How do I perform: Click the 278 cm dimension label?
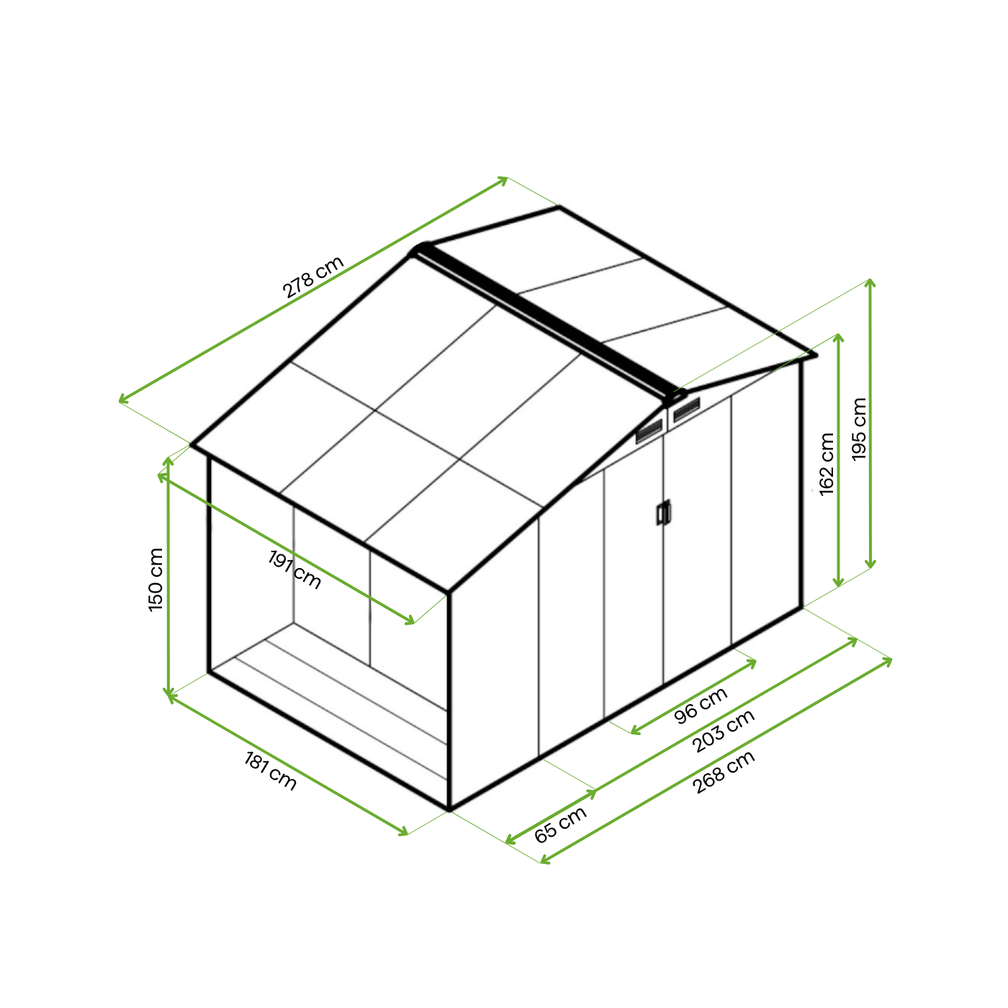coord(312,276)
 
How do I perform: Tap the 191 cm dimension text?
coord(294,570)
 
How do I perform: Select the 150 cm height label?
coord(156,579)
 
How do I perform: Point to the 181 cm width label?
coord(270,770)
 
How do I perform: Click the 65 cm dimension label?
coord(560,825)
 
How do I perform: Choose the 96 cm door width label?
coord(701,705)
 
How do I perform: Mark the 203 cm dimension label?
coord(724,731)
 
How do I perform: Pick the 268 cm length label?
coord(724,772)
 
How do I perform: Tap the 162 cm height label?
coord(827,464)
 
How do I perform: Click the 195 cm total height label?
coord(859,429)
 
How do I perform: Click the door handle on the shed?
coord(663,513)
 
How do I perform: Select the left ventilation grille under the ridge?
coord(649,431)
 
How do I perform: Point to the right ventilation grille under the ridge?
coord(686,410)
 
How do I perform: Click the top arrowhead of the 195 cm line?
coord(870,282)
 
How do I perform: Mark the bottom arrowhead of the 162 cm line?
coord(838,582)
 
